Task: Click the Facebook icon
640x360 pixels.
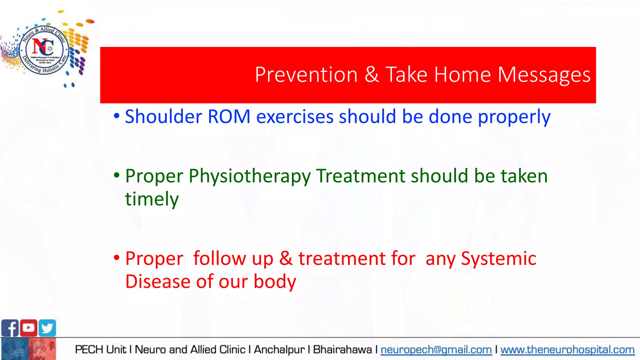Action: pyautogui.click(x=10, y=328)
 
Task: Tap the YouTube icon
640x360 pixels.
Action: pyautogui.click(x=29, y=328)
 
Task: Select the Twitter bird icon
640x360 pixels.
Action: pyautogui.click(x=47, y=328)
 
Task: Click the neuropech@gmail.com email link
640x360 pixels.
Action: pyautogui.click(x=436, y=350)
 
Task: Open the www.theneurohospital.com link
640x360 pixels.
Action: pyautogui.click(x=567, y=350)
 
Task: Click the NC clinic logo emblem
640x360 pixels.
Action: pyautogui.click(x=44, y=49)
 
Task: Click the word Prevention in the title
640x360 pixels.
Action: pyautogui.click(x=306, y=75)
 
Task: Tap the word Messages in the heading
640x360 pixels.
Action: pyautogui.click(x=544, y=75)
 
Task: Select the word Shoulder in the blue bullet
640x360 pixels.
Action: pyautogui.click(x=163, y=117)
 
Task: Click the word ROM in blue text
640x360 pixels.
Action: pyautogui.click(x=229, y=117)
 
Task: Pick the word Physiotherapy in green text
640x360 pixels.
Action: pyautogui.click(x=249, y=176)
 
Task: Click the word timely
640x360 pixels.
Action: pyautogui.click(x=152, y=199)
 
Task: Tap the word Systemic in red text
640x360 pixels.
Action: pyautogui.click(x=498, y=259)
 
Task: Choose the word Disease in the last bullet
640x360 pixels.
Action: pyautogui.click(x=158, y=281)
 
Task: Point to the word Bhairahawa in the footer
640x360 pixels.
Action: pyautogui.click(x=342, y=350)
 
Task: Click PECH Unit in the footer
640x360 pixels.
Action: pyautogui.click(x=101, y=350)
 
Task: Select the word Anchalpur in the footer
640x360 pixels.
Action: pyautogui.click(x=279, y=350)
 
